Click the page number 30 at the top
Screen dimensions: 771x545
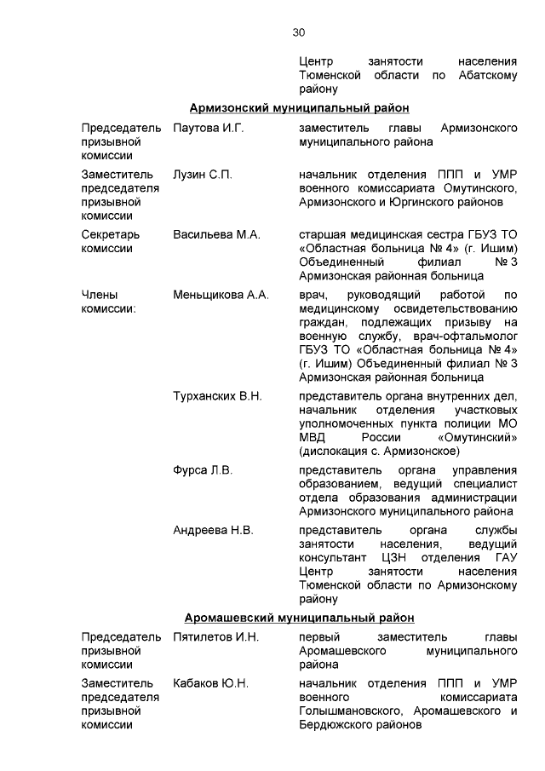coord(299,32)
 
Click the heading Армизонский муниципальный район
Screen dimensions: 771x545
coord(299,107)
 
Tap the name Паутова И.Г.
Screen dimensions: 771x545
coord(209,128)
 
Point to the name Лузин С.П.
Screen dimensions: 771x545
coord(203,175)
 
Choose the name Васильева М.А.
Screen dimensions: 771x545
coord(216,234)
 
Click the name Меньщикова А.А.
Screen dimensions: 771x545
coord(221,295)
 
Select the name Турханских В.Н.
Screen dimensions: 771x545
coord(217,396)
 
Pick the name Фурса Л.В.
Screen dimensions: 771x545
coord(203,470)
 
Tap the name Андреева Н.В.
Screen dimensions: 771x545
coord(213,531)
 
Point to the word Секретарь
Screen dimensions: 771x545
coord(112,234)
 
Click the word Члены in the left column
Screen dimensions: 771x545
coord(99,295)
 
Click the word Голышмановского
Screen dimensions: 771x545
coord(351,711)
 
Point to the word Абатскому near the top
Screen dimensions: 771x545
coord(485,75)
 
